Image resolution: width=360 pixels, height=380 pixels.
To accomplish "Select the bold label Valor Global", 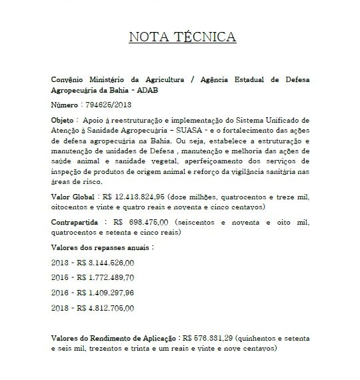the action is (73, 198).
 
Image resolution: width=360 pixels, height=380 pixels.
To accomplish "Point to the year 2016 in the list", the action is (59, 293).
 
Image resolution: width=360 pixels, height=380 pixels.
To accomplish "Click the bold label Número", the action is (65, 105).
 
